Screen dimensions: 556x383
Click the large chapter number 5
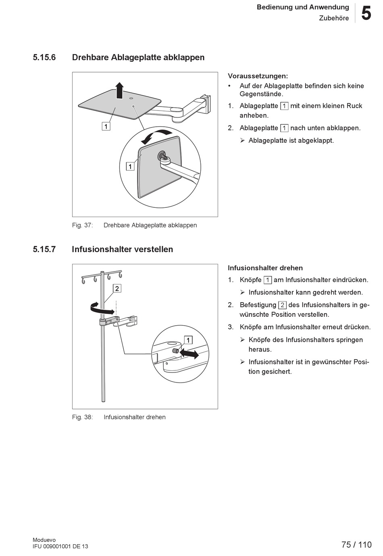366,14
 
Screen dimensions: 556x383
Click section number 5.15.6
44,57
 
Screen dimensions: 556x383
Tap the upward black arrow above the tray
119,90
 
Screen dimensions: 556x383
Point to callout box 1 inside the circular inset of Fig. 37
130,166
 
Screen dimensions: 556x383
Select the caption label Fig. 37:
83,225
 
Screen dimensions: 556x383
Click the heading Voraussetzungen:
258,76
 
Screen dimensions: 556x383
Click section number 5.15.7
44,249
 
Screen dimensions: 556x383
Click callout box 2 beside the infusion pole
117,288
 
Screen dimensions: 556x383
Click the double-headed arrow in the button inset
189,354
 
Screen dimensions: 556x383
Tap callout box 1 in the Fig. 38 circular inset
188,340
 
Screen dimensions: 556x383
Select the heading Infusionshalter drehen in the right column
265,268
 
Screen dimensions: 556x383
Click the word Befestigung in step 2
258,305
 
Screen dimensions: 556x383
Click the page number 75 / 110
356,545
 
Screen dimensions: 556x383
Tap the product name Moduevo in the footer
44,540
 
